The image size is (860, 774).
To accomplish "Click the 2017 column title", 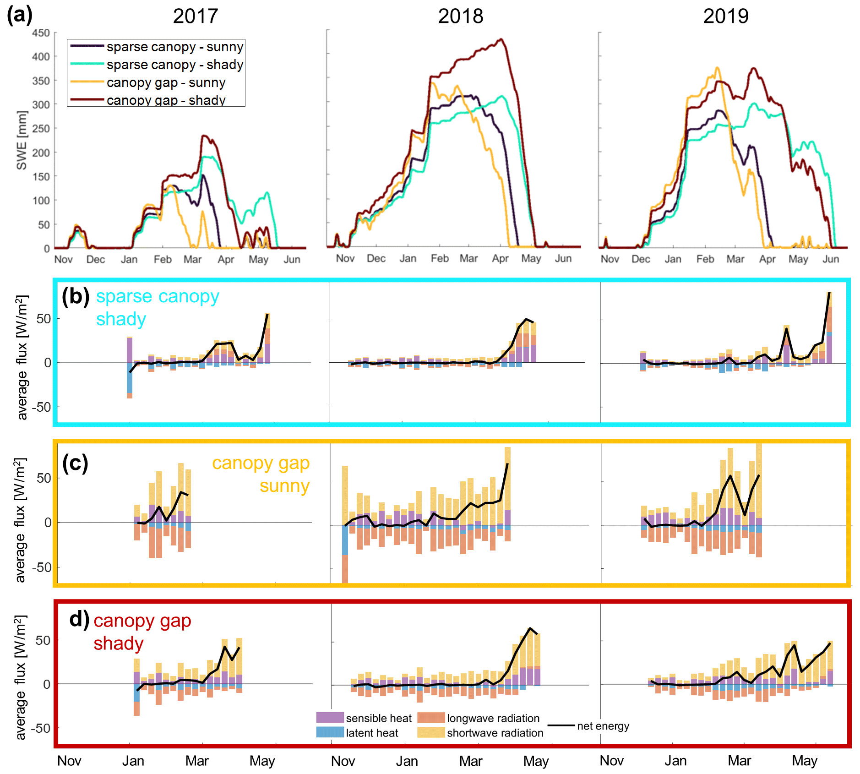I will point(195,16).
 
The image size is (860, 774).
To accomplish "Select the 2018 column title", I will point(460,16).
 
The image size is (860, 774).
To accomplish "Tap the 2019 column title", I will point(725,16).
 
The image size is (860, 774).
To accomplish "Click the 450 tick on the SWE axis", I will point(41,33).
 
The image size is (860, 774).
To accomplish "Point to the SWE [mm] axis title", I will point(22,140).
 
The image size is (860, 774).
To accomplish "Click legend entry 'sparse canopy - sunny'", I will point(174,47).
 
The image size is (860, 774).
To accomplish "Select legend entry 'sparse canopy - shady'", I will point(174,65).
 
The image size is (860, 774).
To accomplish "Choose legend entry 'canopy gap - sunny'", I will point(166,82).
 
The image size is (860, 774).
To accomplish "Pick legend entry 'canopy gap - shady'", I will point(166,100).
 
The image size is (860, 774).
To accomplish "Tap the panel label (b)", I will point(76,296).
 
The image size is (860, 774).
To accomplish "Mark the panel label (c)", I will point(75,463).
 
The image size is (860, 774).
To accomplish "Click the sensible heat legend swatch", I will point(330,717).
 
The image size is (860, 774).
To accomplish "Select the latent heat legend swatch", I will point(330,732).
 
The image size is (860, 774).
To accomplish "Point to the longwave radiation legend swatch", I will point(431,717).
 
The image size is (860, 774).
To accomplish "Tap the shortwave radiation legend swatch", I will point(431,732).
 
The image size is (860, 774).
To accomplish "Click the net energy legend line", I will point(561,725).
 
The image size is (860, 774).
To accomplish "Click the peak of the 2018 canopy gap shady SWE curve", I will point(501,39).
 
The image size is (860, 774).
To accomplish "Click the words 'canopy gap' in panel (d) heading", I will point(142,621).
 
